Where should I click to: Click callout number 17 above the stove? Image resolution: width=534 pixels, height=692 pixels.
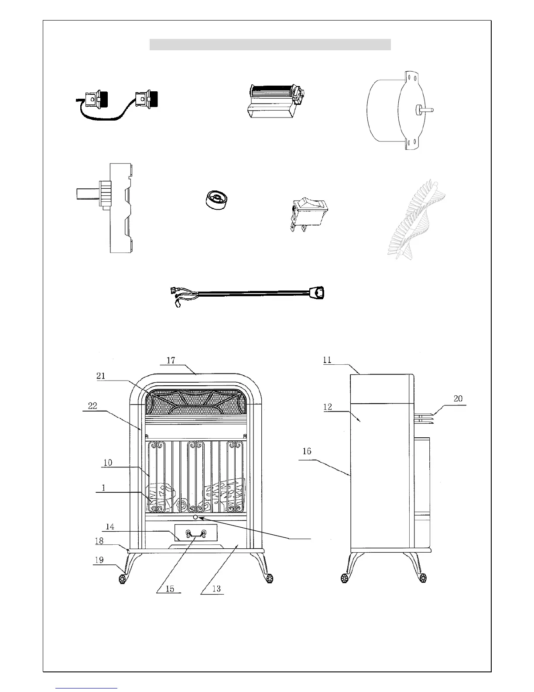[x=171, y=360]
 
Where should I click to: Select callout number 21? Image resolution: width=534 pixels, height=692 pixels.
[x=101, y=376]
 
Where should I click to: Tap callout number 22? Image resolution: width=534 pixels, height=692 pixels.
[x=92, y=406]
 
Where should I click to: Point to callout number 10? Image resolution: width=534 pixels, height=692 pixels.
[x=108, y=463]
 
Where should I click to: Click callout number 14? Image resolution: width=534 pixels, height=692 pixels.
[x=110, y=527]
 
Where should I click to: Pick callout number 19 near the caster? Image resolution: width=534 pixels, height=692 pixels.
[x=99, y=560]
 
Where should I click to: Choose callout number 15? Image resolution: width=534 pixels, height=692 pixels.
[x=170, y=588]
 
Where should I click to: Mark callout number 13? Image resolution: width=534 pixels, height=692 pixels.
[x=216, y=588]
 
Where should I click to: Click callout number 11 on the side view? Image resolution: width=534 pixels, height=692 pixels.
[x=327, y=360]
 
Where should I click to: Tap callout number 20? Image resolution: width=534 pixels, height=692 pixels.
[x=458, y=398]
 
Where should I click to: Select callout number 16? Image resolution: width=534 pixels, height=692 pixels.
[x=307, y=451]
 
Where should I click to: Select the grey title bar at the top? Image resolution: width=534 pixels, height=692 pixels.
[x=270, y=45]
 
